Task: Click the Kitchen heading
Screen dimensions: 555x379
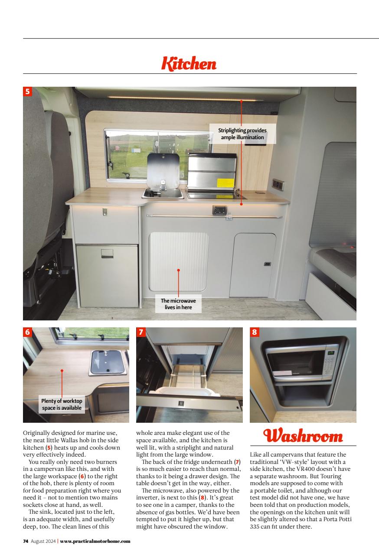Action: point(189,64)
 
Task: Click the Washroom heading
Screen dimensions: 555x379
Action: point(303,436)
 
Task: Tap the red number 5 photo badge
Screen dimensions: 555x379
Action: point(28,91)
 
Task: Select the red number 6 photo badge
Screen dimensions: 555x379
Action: point(28,332)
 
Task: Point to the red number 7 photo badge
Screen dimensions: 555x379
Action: point(141,332)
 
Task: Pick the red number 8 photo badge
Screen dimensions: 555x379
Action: point(255,332)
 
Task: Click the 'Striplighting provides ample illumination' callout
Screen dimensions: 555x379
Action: point(242,134)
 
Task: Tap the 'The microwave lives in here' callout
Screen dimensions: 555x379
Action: point(178,304)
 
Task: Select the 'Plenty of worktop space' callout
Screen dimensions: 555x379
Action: point(62,404)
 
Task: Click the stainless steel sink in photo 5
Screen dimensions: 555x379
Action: point(163,193)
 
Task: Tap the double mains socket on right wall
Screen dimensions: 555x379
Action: point(278,184)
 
